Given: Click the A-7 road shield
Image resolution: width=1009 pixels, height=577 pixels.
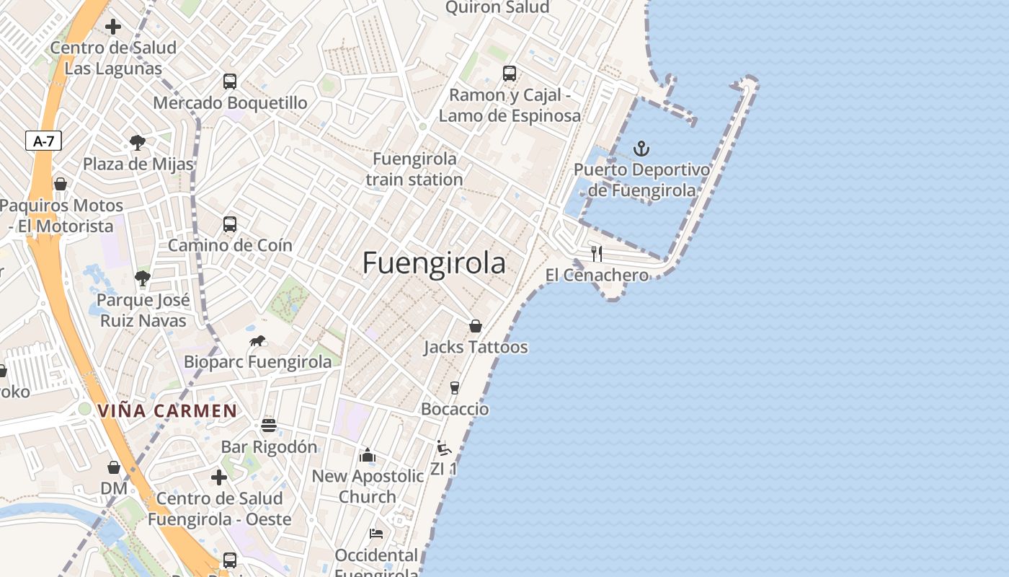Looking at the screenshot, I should pyautogui.click(x=43, y=141).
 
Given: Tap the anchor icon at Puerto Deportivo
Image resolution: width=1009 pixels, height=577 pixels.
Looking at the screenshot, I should pyautogui.click(x=641, y=149).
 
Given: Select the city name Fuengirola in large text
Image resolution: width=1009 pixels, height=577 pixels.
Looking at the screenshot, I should pyautogui.click(x=434, y=263).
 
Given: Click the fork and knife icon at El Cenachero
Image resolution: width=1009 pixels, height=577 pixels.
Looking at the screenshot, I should pyautogui.click(x=596, y=253).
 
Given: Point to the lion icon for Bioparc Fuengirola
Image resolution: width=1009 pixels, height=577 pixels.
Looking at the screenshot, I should pyautogui.click(x=257, y=340).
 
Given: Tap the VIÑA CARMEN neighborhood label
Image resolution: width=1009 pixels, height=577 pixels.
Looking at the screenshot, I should pyautogui.click(x=167, y=411).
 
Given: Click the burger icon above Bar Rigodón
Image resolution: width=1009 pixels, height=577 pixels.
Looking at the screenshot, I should pyautogui.click(x=269, y=426).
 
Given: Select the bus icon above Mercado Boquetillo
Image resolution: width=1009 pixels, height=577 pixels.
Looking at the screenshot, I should pyautogui.click(x=230, y=82).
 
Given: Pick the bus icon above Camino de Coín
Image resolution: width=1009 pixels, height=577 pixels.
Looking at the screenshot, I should pyautogui.click(x=230, y=224).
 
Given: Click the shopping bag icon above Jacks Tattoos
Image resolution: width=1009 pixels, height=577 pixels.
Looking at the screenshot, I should pyautogui.click(x=475, y=326).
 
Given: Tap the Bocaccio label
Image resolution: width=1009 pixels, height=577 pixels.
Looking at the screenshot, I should pyautogui.click(x=455, y=409).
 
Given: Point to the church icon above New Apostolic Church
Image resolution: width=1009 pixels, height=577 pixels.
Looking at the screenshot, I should pyautogui.click(x=368, y=455).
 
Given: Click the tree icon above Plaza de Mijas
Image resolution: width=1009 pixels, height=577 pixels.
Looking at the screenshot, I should pyautogui.click(x=138, y=143).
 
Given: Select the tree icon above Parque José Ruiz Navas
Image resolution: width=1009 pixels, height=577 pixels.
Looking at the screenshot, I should pyautogui.click(x=143, y=278).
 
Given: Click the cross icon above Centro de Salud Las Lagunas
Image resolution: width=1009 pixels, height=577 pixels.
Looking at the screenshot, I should pyautogui.click(x=113, y=27).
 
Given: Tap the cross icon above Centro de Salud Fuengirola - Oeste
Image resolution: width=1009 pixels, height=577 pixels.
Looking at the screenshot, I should pyautogui.click(x=219, y=477).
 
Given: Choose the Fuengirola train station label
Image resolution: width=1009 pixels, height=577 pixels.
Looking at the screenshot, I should pyautogui.click(x=414, y=169).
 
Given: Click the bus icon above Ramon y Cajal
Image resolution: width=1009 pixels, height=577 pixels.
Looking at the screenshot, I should pyautogui.click(x=509, y=73).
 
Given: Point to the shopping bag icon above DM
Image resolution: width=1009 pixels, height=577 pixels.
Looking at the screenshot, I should pyautogui.click(x=113, y=467).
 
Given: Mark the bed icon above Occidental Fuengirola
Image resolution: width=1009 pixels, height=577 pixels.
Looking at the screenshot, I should pyautogui.click(x=376, y=534).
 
